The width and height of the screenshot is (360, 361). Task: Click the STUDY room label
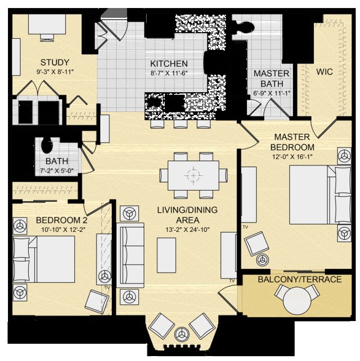55,62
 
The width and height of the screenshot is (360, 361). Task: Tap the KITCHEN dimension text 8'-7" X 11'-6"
169,73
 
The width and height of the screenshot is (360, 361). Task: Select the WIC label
324,71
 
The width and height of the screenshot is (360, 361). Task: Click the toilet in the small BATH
47,145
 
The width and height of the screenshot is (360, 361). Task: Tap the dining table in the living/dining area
194,175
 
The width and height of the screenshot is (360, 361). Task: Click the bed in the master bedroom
320,195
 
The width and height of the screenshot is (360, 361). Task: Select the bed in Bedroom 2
44,259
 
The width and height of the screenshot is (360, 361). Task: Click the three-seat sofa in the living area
130,255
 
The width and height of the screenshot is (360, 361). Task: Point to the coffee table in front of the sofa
166,255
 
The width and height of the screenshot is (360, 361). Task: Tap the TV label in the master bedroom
246,227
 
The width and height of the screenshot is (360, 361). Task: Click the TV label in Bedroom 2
107,288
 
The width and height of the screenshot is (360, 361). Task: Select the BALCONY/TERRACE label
300,279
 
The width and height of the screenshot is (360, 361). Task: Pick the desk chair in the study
47,38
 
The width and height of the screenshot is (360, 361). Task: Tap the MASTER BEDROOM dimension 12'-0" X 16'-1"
292,157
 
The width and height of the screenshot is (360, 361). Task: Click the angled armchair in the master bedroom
257,244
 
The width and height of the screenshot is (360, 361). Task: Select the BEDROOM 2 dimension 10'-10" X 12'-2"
63,229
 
